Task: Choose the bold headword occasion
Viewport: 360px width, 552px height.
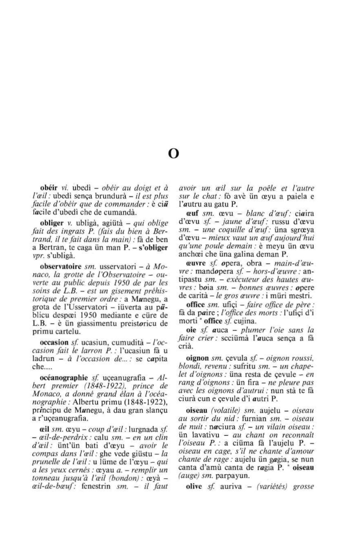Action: [x=54, y=342]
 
